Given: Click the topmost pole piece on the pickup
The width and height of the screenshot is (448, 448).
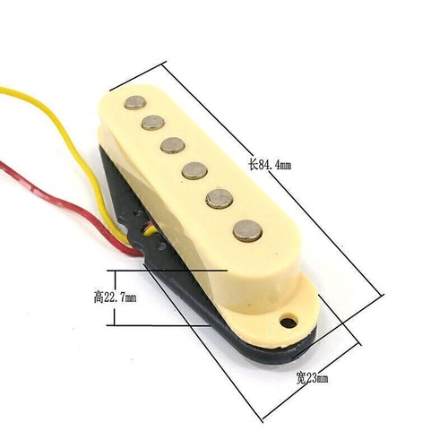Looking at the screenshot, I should tap(134, 102).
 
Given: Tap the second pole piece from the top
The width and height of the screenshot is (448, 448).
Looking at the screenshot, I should tap(154, 122).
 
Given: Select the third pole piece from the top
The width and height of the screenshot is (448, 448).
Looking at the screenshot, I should tap(173, 144).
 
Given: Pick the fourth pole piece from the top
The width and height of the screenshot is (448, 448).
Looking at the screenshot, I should tap(194, 168).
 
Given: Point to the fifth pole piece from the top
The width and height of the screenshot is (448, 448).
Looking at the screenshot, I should tap(218, 198).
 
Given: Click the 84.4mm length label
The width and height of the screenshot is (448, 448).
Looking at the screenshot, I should tap(274, 165).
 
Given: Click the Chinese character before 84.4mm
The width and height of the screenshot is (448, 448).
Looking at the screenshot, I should tap(253, 165).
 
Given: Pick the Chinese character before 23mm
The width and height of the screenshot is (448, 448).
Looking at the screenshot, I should tap(301, 380).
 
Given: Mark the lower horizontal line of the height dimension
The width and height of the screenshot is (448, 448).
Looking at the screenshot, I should tap(161, 325).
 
